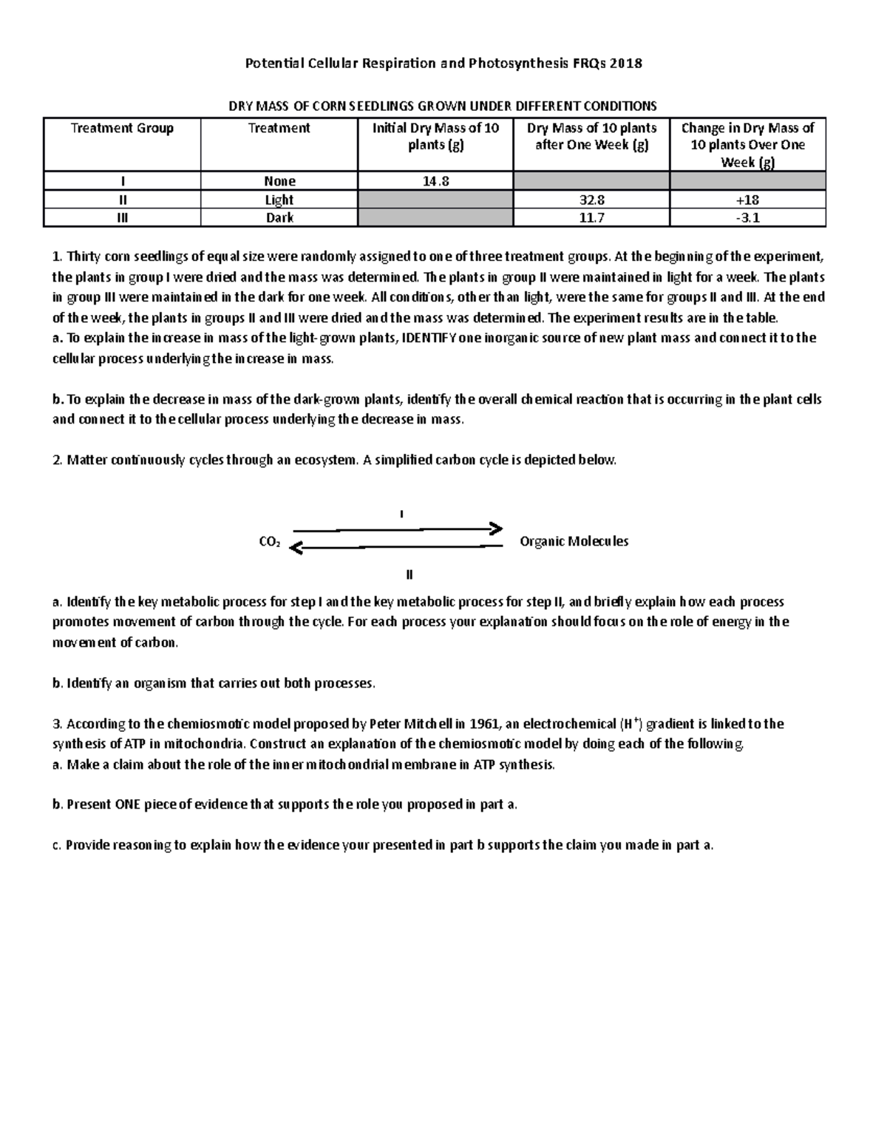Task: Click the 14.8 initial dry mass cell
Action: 435,181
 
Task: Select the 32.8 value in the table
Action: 591,200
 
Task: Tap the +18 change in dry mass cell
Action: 747,200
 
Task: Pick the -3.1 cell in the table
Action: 747,217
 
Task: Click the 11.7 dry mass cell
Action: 591,217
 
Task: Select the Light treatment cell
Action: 279,200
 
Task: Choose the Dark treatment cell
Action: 279,217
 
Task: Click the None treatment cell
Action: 279,181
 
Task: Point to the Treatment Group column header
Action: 122,128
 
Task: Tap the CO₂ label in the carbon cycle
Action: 269,542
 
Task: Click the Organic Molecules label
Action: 574,541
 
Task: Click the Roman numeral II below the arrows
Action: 409,574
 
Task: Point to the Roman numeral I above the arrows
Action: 401,513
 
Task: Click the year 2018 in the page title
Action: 628,63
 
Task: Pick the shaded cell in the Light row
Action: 435,200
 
